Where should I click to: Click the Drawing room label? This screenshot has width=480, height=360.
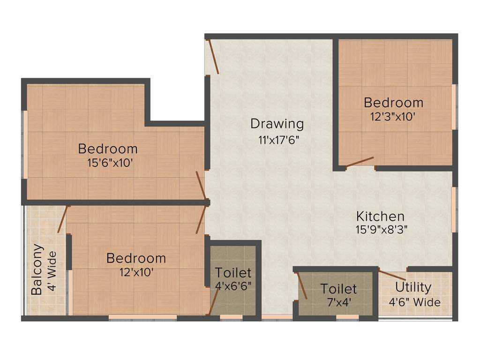[277, 124]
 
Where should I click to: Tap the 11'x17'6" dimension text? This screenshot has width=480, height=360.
[277, 139]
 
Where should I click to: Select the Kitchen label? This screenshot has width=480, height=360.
[380, 217]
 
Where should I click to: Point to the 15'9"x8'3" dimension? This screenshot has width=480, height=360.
[380, 230]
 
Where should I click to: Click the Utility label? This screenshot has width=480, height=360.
[413, 287]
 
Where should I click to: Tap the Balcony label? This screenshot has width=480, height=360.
[37, 270]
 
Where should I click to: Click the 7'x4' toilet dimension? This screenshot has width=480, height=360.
[338, 302]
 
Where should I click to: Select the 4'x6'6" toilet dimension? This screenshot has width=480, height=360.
[233, 286]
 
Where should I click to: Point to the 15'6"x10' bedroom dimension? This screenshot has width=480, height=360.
[108, 163]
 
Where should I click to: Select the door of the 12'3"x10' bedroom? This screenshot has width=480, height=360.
[360, 162]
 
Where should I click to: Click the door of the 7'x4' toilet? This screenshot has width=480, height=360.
[301, 285]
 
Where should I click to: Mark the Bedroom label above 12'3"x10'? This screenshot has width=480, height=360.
[393, 102]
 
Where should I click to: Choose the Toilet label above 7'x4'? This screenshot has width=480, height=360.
[338, 289]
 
